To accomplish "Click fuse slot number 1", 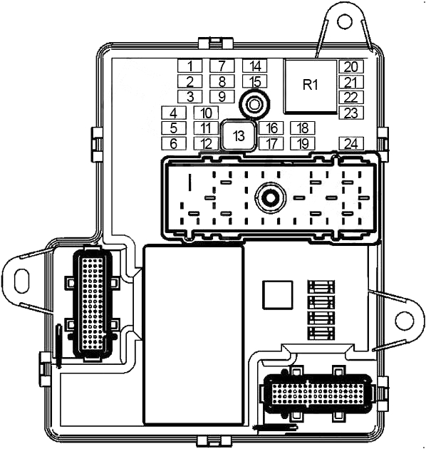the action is (x=189, y=66).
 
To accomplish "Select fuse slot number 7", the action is (x=222, y=66).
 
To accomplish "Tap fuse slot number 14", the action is (x=254, y=66).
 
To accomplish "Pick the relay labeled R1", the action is (x=311, y=85).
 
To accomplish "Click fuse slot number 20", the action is (x=351, y=66).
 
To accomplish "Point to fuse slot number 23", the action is (x=351, y=113).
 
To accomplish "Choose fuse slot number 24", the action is (x=351, y=143).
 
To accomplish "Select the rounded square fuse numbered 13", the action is (x=239, y=135).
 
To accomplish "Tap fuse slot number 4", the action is (x=174, y=113).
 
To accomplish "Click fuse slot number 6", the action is (x=174, y=143).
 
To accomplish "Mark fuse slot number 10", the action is (x=206, y=113).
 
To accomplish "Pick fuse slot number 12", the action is (x=206, y=143).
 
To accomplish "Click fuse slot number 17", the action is (x=271, y=143).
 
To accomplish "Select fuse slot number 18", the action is (x=303, y=128).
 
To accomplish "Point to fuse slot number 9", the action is (x=222, y=96).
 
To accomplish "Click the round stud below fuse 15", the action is (x=254, y=105).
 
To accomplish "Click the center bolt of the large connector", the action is (x=270, y=197).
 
